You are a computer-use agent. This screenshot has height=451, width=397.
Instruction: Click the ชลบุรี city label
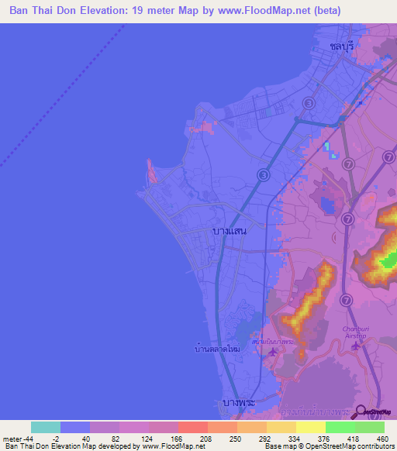pos(341,46)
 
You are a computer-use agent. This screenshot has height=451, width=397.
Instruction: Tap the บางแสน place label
pos(229,232)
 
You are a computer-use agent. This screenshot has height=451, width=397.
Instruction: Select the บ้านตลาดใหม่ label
pos(217,350)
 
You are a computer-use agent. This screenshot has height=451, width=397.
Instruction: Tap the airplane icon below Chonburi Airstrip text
pos(356,346)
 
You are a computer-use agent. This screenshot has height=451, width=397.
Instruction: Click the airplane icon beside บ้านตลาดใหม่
pos(272,353)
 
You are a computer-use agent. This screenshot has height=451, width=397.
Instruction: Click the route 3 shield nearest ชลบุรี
pos(309,103)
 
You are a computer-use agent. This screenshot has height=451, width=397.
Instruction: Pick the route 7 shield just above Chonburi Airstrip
pos(347,299)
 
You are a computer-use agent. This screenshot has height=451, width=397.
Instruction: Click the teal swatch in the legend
pos(45,427)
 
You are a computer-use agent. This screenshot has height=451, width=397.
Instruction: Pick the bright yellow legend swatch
pos(310,427)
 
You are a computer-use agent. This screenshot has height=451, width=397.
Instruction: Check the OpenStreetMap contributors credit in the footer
pos(342,446)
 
